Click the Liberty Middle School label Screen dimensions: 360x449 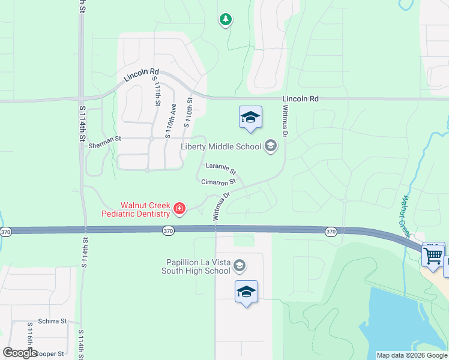coord(221,146)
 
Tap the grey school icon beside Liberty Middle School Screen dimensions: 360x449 coord(270,146)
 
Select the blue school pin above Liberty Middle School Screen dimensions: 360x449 coord(250,117)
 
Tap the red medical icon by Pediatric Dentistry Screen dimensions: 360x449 coord(178,209)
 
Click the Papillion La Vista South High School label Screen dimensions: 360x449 coord(196,266)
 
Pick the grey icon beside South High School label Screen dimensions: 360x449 coord(239,265)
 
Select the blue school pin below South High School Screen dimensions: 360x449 coord(246,292)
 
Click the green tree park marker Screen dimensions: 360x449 coord(226,20)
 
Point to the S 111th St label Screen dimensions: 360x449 coord(157,92)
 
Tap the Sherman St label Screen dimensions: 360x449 coord(104,139)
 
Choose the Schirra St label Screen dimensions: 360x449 coord(52,321)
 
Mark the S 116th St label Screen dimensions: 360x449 coord(30,340)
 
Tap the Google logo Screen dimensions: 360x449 coord(20,353)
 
